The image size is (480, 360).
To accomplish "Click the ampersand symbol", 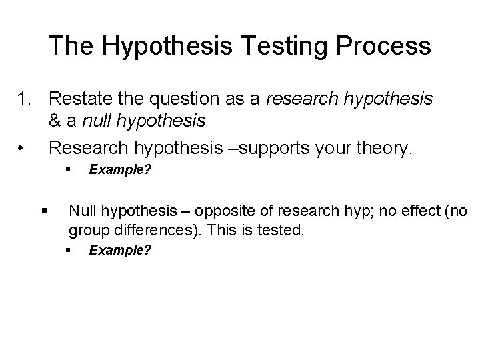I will (55, 121).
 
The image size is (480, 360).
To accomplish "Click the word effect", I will (419, 212).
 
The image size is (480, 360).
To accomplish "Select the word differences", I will (149, 231).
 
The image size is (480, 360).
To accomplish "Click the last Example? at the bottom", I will (120, 250).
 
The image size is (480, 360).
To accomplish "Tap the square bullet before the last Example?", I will (68, 250).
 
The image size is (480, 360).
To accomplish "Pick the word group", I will (89, 231).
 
